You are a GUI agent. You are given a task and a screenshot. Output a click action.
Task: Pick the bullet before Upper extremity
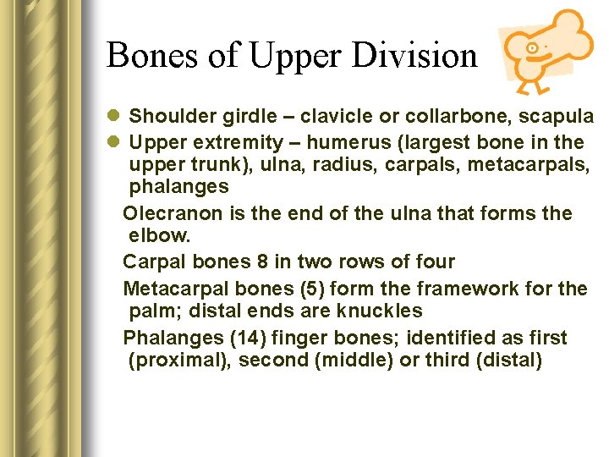[115, 141]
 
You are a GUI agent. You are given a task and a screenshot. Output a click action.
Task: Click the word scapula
[559, 117]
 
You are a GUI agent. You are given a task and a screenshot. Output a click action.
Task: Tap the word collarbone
[435, 117]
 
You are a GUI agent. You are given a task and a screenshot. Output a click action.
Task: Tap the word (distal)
[508, 361]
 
